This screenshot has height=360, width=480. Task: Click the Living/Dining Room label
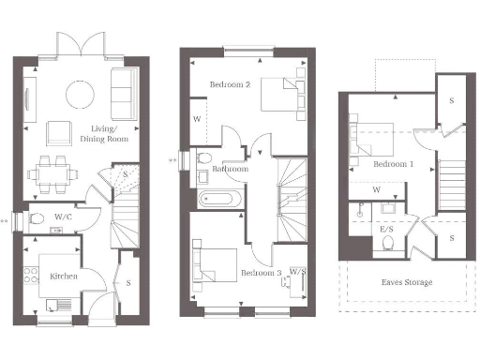pyautogui.click(x=108, y=134)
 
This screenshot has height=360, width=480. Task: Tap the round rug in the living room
pyautogui.click(x=78, y=93)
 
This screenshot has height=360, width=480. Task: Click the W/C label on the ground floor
pyautogui.click(x=64, y=217)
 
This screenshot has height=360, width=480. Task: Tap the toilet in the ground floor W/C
pyautogui.click(x=37, y=218)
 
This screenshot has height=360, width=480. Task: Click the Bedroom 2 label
pyautogui.click(x=229, y=84)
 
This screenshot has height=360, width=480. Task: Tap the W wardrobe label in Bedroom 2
pyautogui.click(x=197, y=119)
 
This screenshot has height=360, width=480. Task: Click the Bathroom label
pyautogui.click(x=230, y=170)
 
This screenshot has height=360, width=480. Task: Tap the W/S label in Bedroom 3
pyautogui.click(x=298, y=272)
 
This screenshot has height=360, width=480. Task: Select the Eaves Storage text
pyautogui.click(x=406, y=280)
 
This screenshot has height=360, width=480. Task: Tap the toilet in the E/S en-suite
pyautogui.click(x=388, y=243)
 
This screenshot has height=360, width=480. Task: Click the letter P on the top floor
pyautogui.click(x=361, y=204)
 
